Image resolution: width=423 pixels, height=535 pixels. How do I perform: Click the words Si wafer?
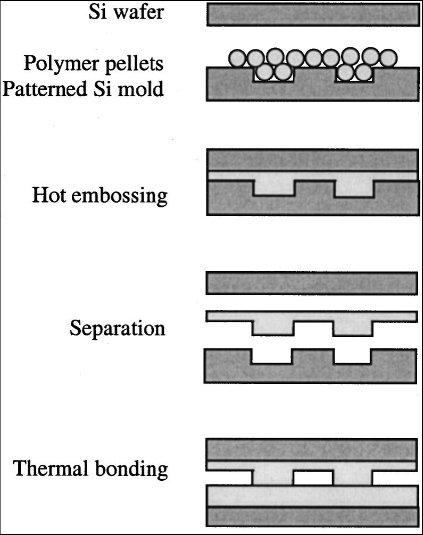pyautogui.click(x=127, y=12)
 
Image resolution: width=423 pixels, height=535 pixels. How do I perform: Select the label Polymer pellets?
pyautogui.click(x=93, y=63)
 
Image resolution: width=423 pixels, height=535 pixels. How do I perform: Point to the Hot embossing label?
pyautogui.click(x=99, y=196)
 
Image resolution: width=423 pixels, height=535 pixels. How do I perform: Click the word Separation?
pyautogui.click(x=117, y=328)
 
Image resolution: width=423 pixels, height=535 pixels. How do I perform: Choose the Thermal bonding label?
pyautogui.click(x=90, y=470)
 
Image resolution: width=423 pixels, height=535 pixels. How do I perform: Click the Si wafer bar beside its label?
pyautogui.click(x=311, y=15)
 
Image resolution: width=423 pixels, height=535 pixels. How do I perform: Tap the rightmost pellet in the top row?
pyautogui.click(x=389, y=57)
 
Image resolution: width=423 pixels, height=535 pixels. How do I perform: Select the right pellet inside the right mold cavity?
pyautogui.click(x=364, y=72)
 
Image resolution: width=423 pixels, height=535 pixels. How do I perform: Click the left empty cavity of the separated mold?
pyautogui.click(x=271, y=356)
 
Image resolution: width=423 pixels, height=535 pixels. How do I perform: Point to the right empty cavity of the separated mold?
pyautogui.click(x=353, y=356)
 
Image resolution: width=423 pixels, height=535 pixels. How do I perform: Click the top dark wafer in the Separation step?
pyautogui.click(x=311, y=283)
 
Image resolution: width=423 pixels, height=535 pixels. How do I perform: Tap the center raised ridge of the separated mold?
pyautogui.click(x=313, y=362)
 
